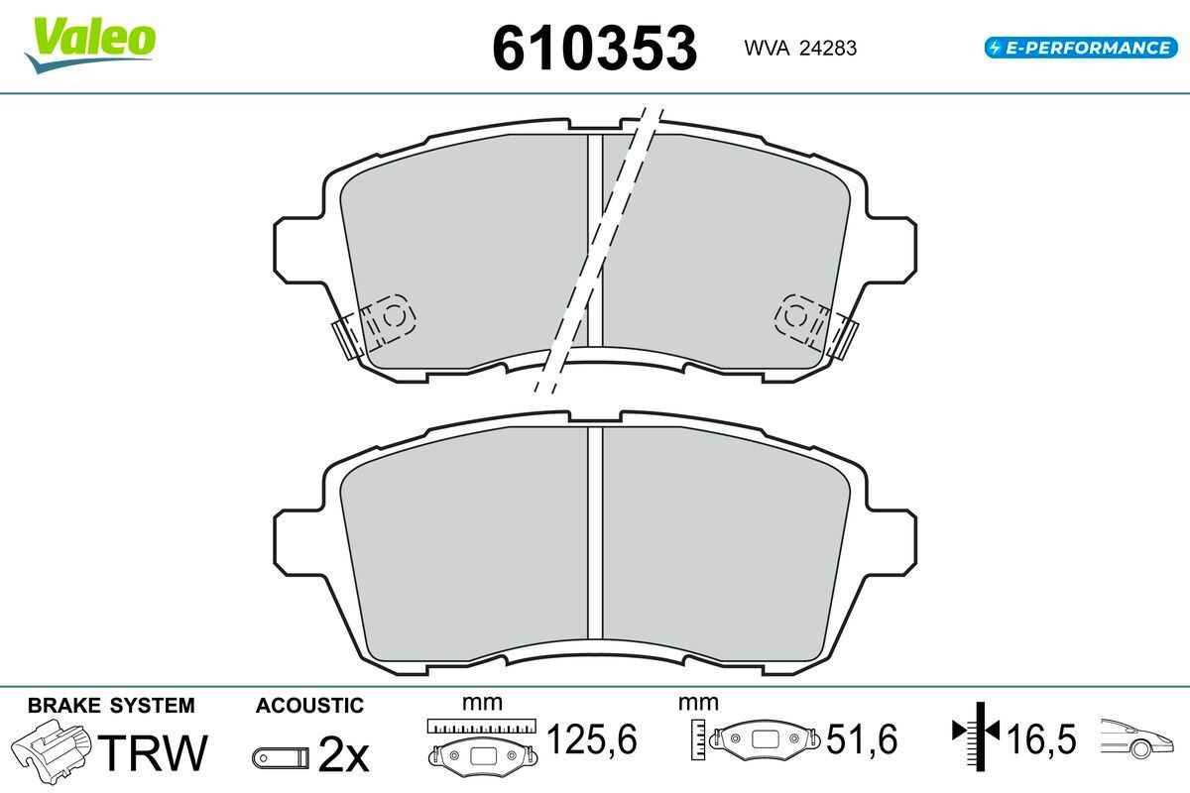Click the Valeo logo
[x=90, y=45]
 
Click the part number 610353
[x=594, y=49]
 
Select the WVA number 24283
[x=828, y=49]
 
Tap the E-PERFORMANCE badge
[x=1081, y=48]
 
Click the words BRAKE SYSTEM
[x=111, y=706]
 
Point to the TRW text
[x=153, y=752]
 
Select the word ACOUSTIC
[x=309, y=706]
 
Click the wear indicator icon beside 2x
[x=281, y=758]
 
